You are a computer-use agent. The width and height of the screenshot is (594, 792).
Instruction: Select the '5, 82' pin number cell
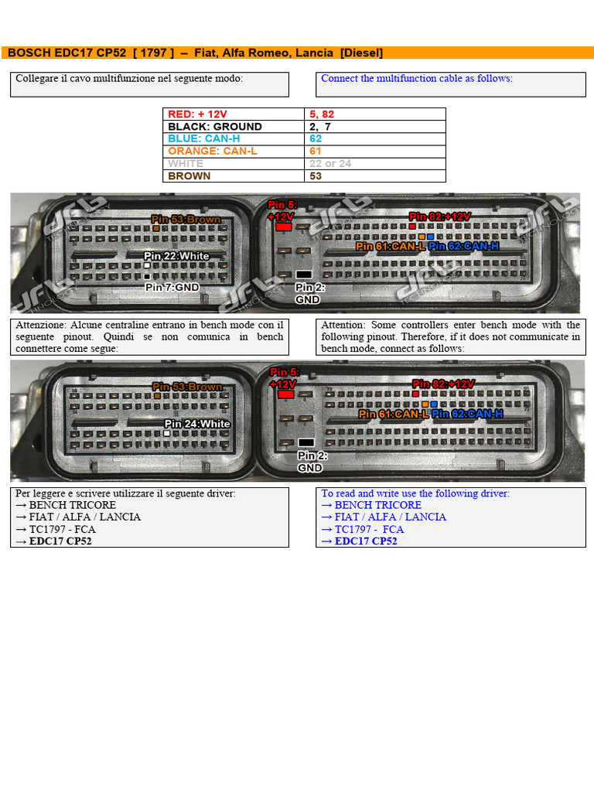click(x=322, y=114)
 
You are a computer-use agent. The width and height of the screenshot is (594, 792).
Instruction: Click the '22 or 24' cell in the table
click(x=330, y=164)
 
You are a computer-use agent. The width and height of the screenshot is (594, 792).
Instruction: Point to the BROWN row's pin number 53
click(x=316, y=176)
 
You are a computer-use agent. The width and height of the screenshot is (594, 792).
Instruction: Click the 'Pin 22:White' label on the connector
click(x=176, y=256)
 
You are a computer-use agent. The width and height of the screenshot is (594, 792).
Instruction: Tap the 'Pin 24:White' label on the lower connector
click(x=197, y=424)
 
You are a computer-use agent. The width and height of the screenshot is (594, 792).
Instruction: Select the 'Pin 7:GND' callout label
click(x=172, y=287)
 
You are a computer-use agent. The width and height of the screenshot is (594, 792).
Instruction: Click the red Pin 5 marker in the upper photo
click(x=284, y=227)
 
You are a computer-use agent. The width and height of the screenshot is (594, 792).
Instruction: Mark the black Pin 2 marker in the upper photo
click(x=303, y=275)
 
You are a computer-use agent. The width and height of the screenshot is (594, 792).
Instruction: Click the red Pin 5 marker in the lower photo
click(x=285, y=394)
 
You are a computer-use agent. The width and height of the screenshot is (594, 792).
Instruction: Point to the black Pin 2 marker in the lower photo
click(x=306, y=443)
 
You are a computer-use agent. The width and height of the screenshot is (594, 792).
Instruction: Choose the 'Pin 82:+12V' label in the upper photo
click(x=440, y=217)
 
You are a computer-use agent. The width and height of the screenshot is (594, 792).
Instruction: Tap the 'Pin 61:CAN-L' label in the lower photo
click(x=394, y=415)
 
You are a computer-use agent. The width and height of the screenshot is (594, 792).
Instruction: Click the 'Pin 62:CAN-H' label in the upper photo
click(x=464, y=246)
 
